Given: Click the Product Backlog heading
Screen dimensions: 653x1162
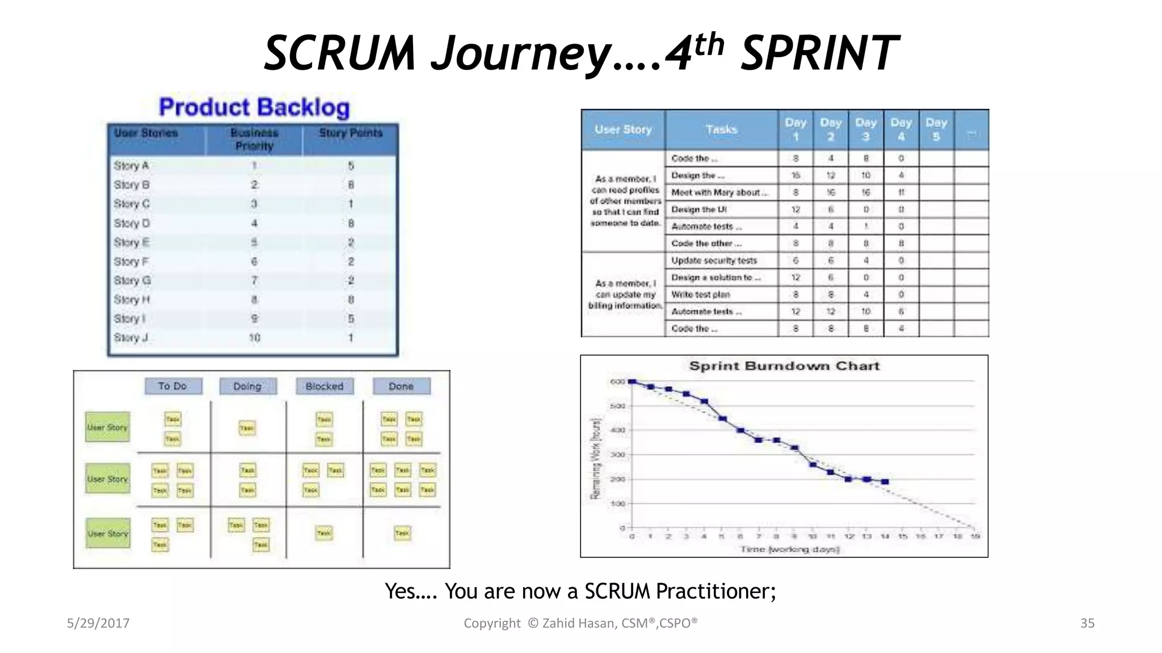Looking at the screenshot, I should click(254, 107).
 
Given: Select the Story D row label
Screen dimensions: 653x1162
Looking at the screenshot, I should click(131, 223).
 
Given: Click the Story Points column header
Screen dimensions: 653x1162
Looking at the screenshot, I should click(350, 133).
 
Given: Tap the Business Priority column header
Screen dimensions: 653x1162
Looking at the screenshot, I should click(254, 139).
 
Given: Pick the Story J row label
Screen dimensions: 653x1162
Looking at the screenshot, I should click(131, 338).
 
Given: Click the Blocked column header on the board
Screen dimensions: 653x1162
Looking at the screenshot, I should click(325, 386).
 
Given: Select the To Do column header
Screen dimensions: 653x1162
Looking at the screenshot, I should click(172, 386).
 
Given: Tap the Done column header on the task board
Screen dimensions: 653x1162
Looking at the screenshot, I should click(401, 386).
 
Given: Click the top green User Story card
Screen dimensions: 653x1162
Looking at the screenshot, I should click(108, 427).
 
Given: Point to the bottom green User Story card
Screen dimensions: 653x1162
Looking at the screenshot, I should click(108, 533).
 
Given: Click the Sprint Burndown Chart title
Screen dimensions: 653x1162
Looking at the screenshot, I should click(784, 366).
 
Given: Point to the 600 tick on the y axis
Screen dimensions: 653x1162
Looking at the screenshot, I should click(617, 381).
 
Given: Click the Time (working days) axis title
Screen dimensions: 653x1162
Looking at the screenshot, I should click(789, 549).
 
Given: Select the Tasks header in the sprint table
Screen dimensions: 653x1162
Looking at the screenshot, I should click(721, 130).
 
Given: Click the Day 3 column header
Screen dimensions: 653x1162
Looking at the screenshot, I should click(866, 130).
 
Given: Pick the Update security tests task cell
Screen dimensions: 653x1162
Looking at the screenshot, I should click(714, 261).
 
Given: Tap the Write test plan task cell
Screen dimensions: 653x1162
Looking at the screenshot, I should click(701, 295).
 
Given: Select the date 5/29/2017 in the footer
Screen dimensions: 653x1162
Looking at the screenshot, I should click(98, 624).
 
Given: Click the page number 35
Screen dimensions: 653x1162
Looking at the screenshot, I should click(1087, 624).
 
